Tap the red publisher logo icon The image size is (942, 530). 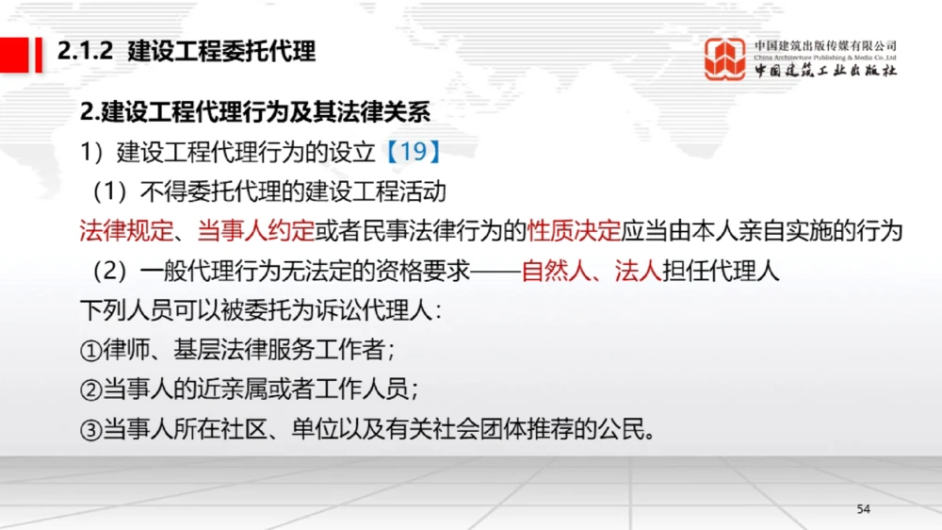tap(726, 59)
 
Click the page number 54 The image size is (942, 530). tap(864, 509)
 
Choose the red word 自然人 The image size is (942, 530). tap(555, 272)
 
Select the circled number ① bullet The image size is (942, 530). tap(90, 352)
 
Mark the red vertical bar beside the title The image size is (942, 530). tap(40, 52)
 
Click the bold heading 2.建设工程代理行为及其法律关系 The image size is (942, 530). tap(255, 112)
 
